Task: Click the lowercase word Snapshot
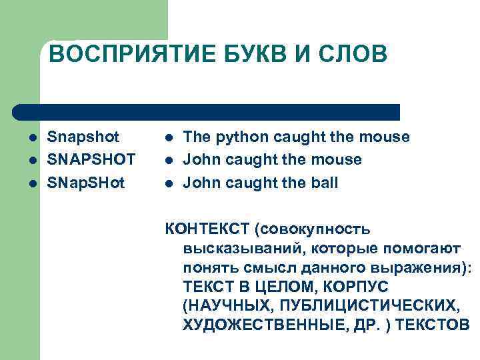[x=83, y=137]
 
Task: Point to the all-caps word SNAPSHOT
[x=91, y=160]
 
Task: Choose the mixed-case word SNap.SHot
[x=86, y=183]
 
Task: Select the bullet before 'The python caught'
[x=169, y=138]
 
